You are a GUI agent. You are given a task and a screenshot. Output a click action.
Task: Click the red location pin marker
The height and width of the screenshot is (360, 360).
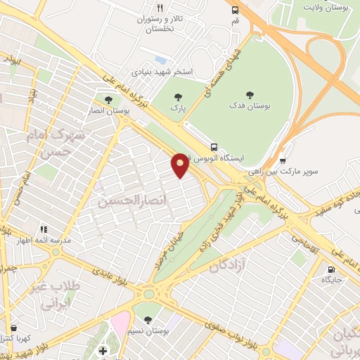181,165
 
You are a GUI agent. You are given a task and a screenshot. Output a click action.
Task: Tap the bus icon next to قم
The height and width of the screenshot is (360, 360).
235,10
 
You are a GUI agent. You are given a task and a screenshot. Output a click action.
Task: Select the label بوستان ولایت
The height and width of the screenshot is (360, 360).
328,6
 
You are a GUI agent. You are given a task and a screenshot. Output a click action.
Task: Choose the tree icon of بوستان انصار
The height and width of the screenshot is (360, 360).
108,99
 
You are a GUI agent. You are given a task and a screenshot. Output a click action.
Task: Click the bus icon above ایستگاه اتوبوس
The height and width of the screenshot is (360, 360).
214,147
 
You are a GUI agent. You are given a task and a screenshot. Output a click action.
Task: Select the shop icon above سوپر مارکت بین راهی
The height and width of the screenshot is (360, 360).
283,160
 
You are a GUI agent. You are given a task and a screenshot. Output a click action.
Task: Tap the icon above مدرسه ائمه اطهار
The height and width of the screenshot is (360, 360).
44,229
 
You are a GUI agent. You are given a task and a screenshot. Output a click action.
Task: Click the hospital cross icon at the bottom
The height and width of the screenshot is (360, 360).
103,350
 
